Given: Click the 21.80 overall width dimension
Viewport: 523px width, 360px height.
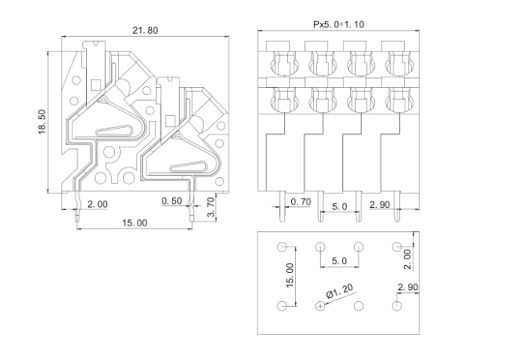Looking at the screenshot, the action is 145,31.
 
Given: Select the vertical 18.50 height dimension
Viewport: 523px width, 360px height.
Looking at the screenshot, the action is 43,122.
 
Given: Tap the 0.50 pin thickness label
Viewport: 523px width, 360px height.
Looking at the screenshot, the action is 171,201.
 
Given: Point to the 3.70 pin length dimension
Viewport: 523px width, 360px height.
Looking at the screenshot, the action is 211,207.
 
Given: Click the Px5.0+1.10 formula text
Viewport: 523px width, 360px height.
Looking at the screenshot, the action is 339,24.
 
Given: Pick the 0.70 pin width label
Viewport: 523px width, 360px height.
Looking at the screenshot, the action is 301,201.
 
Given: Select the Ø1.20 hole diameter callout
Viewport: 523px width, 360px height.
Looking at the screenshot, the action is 340,291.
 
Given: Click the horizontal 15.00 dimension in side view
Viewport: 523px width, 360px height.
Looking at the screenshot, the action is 134,223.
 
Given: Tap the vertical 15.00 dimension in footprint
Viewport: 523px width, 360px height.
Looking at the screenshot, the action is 290,275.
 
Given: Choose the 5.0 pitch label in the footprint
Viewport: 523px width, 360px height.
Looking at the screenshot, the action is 340,261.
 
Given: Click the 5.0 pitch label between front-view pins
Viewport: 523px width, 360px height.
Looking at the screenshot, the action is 340,207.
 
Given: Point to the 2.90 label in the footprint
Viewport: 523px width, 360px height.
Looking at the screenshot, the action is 408,288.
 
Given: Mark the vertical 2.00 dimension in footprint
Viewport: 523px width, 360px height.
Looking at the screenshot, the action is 408,259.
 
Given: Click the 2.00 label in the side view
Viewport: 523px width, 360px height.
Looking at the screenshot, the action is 97,204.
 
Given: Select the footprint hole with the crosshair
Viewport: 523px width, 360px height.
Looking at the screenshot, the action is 320,306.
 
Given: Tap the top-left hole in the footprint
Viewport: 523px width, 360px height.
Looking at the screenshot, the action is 282,246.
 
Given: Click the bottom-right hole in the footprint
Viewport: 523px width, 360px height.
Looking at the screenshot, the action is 397,306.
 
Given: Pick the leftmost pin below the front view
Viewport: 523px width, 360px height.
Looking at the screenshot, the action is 282,206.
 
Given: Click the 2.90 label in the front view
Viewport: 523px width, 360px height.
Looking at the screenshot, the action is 380,205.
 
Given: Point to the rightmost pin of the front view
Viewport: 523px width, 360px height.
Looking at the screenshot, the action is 397,206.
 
